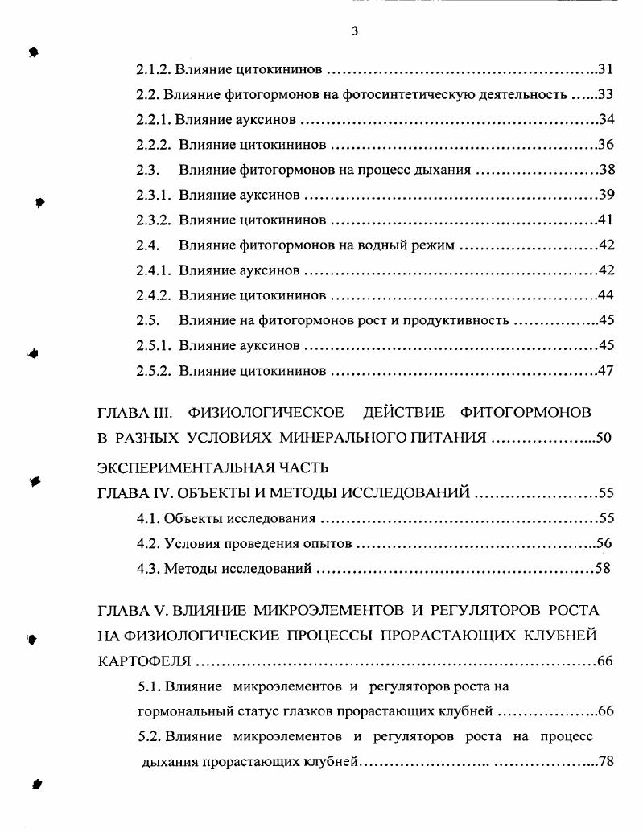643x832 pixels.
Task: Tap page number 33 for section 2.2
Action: click(x=606, y=94)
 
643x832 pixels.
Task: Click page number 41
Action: click(x=607, y=220)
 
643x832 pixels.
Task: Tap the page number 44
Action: click(x=607, y=295)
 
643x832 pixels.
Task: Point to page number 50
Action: click(x=604, y=438)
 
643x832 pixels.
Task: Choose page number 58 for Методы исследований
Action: click(x=603, y=569)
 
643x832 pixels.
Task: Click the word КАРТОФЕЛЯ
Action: click(x=144, y=661)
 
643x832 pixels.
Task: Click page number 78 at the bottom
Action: click(x=606, y=761)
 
